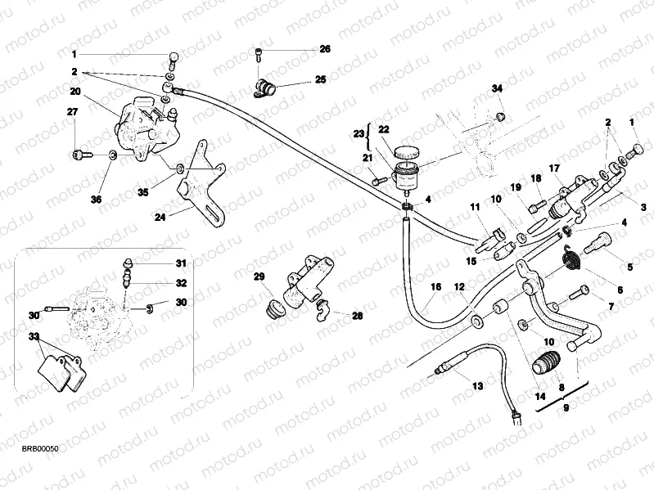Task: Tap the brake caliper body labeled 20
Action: (x=139, y=127)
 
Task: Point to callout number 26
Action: (x=325, y=49)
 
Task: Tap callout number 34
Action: (x=497, y=88)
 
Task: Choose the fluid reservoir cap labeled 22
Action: (x=406, y=152)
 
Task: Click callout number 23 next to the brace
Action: (x=358, y=133)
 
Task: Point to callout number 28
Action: (x=357, y=315)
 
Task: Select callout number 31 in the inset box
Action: (x=181, y=263)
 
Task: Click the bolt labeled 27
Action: (x=79, y=153)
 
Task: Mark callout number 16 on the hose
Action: (x=435, y=287)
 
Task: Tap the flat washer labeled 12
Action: (x=476, y=314)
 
